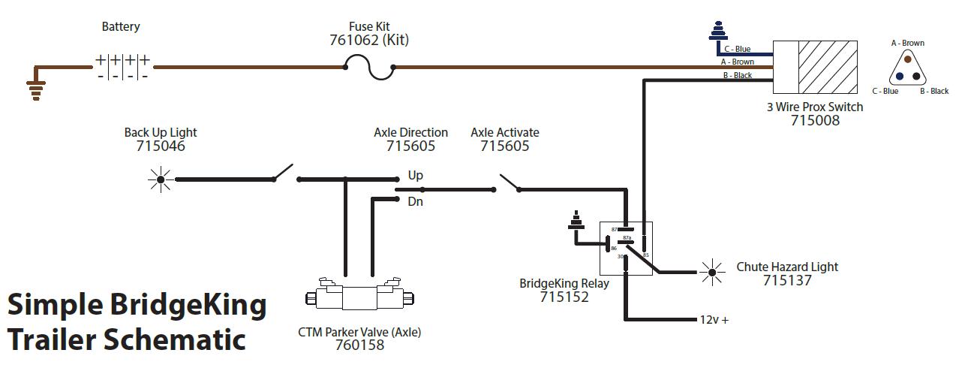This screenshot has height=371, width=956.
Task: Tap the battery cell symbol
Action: tap(122, 67)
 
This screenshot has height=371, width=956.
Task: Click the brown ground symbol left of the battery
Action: tap(36, 89)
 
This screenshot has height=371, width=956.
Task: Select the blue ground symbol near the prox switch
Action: tap(718, 31)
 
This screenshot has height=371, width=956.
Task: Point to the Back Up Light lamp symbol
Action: tap(161, 179)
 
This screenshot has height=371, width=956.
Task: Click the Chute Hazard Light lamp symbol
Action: tap(711, 272)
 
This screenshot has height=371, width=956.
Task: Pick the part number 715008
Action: tap(815, 121)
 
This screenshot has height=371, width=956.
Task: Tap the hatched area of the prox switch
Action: tap(828, 67)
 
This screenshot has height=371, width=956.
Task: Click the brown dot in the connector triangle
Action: tap(908, 59)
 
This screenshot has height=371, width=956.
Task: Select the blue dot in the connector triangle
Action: tap(900, 77)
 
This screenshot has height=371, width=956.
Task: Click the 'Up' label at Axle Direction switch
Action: tap(415, 176)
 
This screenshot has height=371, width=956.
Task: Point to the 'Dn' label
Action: tap(415, 201)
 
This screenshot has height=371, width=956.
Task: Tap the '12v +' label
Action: tap(714, 320)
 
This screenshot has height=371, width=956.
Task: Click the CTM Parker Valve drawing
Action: tap(359, 294)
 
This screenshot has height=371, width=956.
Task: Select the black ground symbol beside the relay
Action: tap(576, 220)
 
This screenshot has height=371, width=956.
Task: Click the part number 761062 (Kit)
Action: tap(369, 40)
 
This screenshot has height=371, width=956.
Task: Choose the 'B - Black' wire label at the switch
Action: tap(738, 76)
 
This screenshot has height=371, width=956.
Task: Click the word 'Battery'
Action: tap(121, 27)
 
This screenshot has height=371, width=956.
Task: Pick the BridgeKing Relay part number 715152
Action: tap(564, 297)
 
